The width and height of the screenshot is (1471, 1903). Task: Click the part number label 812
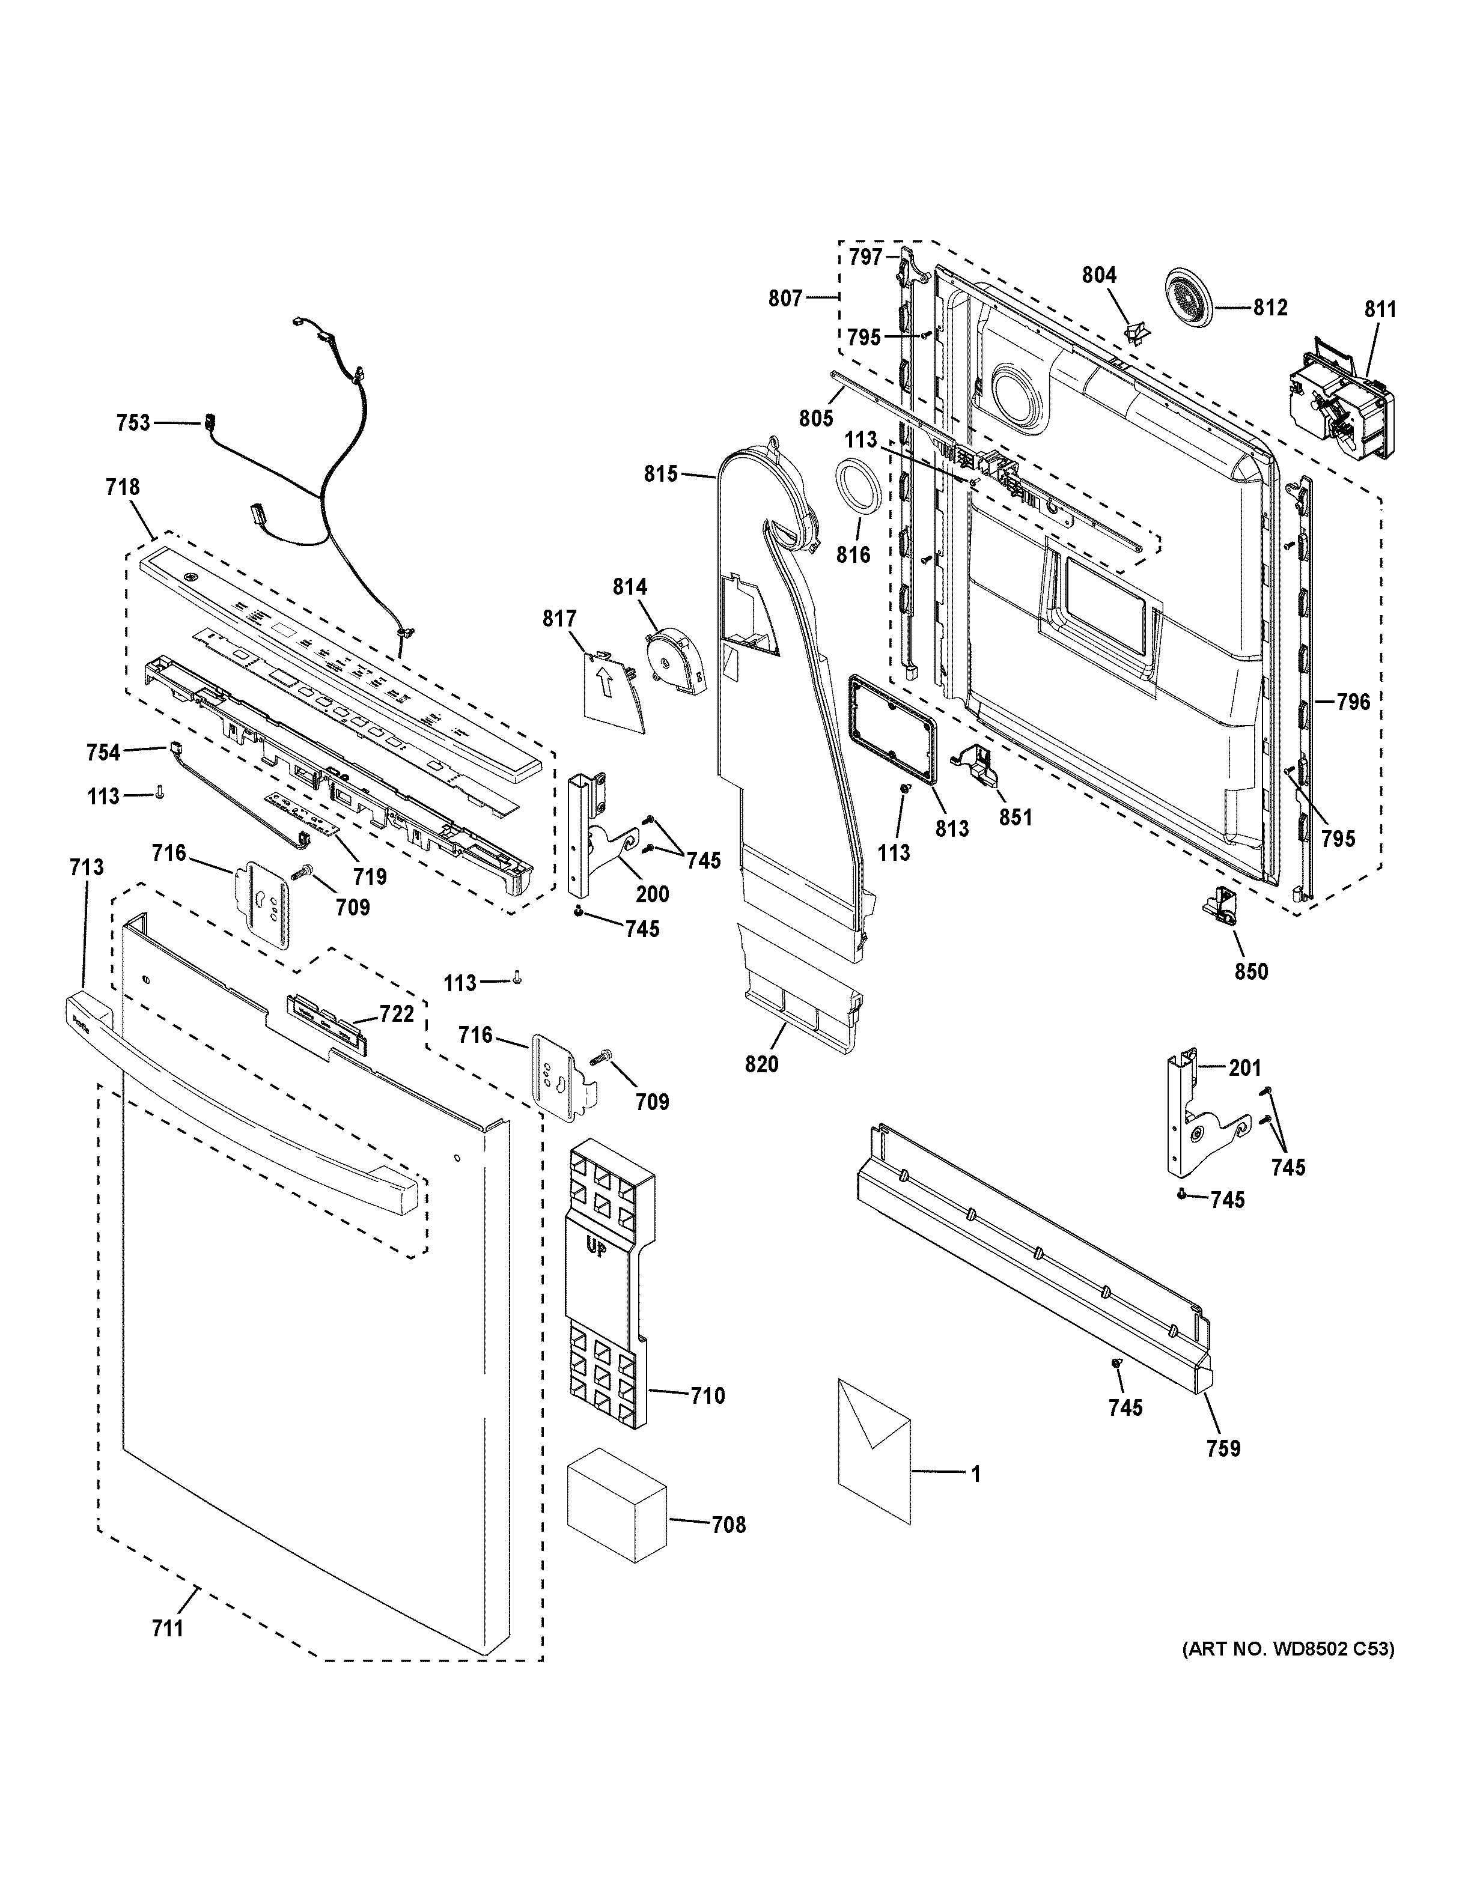1270,307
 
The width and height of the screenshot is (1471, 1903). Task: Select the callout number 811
1380,309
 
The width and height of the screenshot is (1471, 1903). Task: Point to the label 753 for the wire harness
133,423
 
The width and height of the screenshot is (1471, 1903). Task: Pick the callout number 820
762,1063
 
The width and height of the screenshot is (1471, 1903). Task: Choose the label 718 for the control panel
122,487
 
